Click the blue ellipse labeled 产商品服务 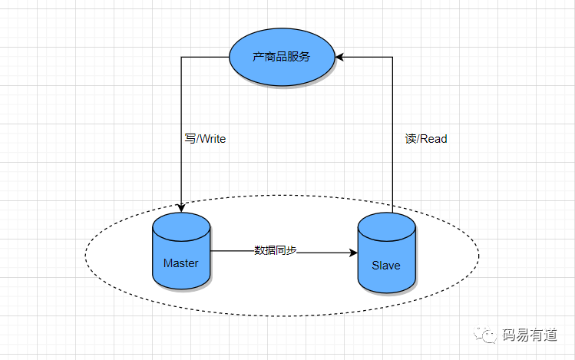283,57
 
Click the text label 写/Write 201,140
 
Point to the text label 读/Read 425,139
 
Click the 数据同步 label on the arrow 276,250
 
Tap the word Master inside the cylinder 181,263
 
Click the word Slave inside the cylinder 386,266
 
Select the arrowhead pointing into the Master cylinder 181,207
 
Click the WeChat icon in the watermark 485,334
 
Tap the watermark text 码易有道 530,335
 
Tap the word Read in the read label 434,139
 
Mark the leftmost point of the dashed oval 85,253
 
